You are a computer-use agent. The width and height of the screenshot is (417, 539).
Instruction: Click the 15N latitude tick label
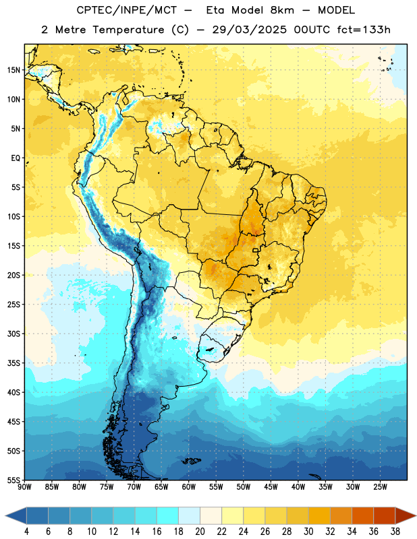[x=13, y=70]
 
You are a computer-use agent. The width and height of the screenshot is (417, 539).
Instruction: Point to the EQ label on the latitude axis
[x=16, y=158]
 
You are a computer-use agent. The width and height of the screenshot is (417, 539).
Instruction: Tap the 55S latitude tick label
[x=13, y=480]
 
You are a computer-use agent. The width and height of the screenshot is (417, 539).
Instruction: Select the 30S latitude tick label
[x=13, y=334]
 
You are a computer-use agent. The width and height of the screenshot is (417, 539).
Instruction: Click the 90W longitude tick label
[x=24, y=487]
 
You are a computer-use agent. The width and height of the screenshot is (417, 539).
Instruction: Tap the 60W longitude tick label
[x=189, y=487]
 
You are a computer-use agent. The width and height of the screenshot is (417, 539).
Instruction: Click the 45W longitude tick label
[x=271, y=487]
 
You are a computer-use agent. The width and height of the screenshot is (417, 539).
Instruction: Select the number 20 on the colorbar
[x=200, y=532]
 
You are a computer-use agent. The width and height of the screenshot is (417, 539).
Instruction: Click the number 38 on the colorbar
[x=395, y=532]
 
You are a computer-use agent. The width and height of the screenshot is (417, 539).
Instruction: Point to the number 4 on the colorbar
[x=26, y=532]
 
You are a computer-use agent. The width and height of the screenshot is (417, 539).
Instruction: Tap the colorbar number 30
[x=308, y=532]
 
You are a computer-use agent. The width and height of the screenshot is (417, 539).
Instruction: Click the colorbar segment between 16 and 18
[x=168, y=516]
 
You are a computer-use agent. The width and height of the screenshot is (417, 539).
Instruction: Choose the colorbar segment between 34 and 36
[x=363, y=516]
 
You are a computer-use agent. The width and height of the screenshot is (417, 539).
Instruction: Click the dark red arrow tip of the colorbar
[x=416, y=516]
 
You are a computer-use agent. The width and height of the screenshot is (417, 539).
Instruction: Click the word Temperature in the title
[x=128, y=30]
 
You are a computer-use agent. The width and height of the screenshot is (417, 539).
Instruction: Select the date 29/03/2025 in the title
[x=249, y=30]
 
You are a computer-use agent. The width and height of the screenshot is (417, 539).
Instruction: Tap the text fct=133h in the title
[x=364, y=30]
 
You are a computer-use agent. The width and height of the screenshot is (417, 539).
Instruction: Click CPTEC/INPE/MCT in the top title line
[x=127, y=10]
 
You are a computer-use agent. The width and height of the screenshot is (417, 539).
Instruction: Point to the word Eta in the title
[x=215, y=10]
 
